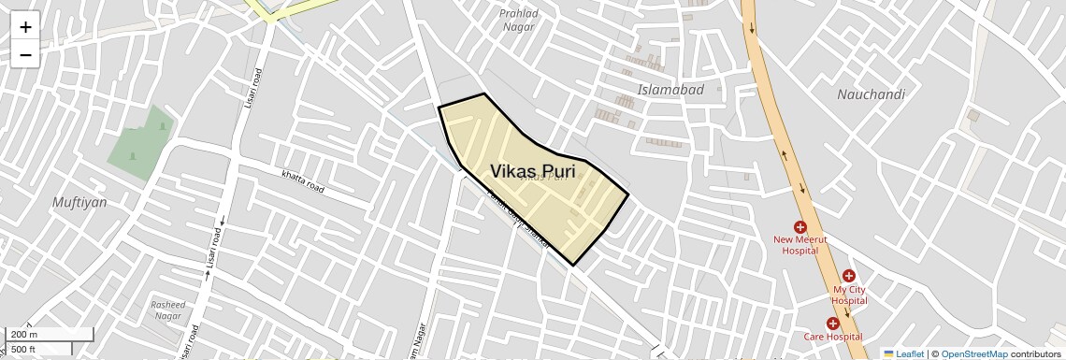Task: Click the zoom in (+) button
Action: (25, 27)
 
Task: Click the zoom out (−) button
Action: (25, 54)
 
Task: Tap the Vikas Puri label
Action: (532, 170)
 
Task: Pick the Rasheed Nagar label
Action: (168, 310)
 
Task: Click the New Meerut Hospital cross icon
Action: (800, 226)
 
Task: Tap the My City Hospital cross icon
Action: (848, 276)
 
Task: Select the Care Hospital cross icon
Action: (832, 324)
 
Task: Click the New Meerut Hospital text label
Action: (800, 245)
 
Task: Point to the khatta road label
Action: (303, 180)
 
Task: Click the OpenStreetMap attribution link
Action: (973, 353)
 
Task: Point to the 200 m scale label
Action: (24, 335)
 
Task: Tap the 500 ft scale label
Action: (23, 350)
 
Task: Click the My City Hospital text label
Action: (849, 295)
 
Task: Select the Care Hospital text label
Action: (832, 337)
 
